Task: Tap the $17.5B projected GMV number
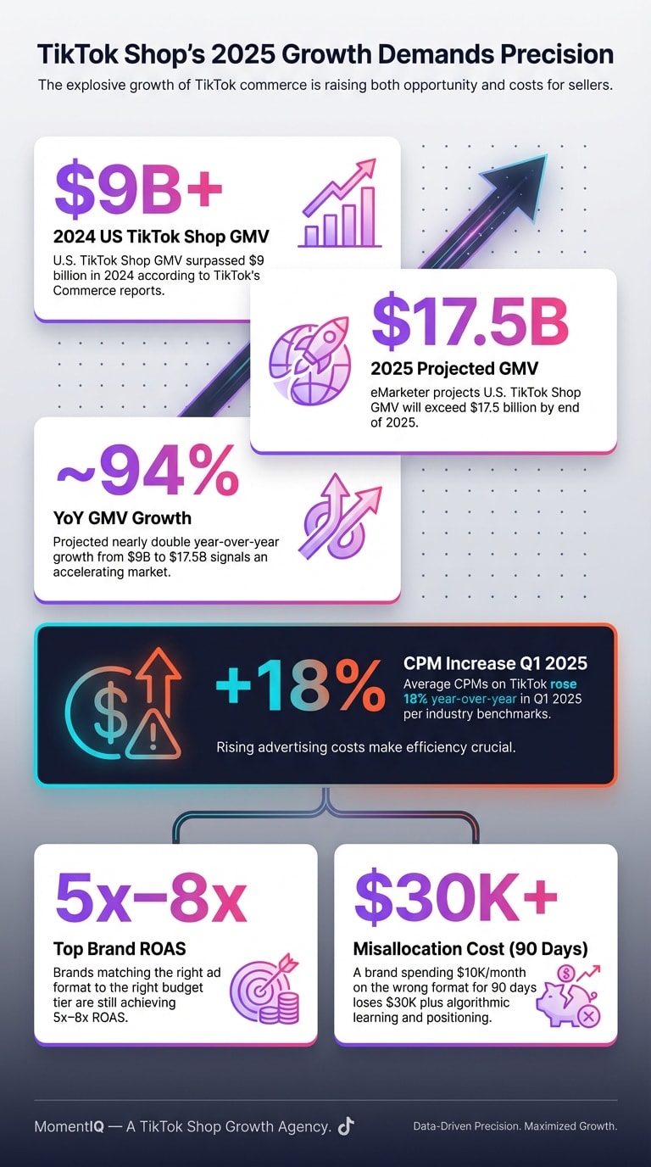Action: pos(469,321)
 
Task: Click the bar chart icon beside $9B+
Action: pos(340,204)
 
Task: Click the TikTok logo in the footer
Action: pos(345,1125)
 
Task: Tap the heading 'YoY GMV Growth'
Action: pos(122,518)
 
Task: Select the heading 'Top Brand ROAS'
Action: pos(116,948)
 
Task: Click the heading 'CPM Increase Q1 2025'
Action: pos(495,663)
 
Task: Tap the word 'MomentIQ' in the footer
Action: pos(70,1126)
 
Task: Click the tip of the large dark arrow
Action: pos(546,156)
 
